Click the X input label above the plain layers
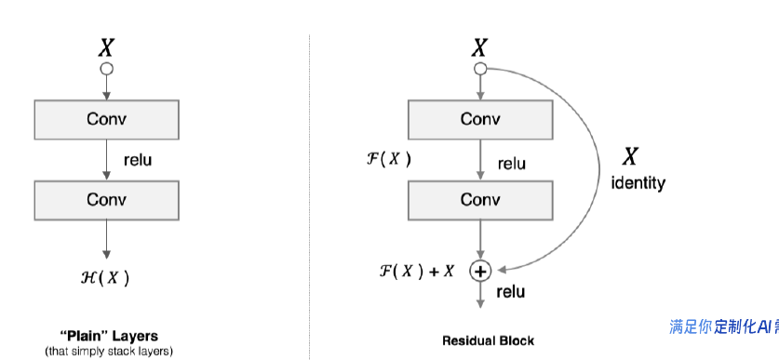tap(106, 47)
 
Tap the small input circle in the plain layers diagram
tap(106, 70)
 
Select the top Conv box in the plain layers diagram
tap(106, 119)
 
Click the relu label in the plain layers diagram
tap(137, 160)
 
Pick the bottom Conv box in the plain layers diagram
tap(106, 200)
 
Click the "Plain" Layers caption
tap(108, 336)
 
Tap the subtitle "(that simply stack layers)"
tap(108, 351)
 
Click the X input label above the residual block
tap(480, 47)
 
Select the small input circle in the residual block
tap(480, 70)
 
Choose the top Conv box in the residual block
tap(480, 119)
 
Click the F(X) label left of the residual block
tap(389, 158)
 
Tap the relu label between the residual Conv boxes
tap(511, 164)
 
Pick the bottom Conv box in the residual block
tap(480, 200)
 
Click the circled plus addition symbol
tap(480, 271)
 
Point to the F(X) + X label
tap(417, 271)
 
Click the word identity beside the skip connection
tap(638, 183)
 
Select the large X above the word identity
tap(630, 156)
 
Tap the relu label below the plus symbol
tap(510, 292)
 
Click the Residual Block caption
tap(489, 340)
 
